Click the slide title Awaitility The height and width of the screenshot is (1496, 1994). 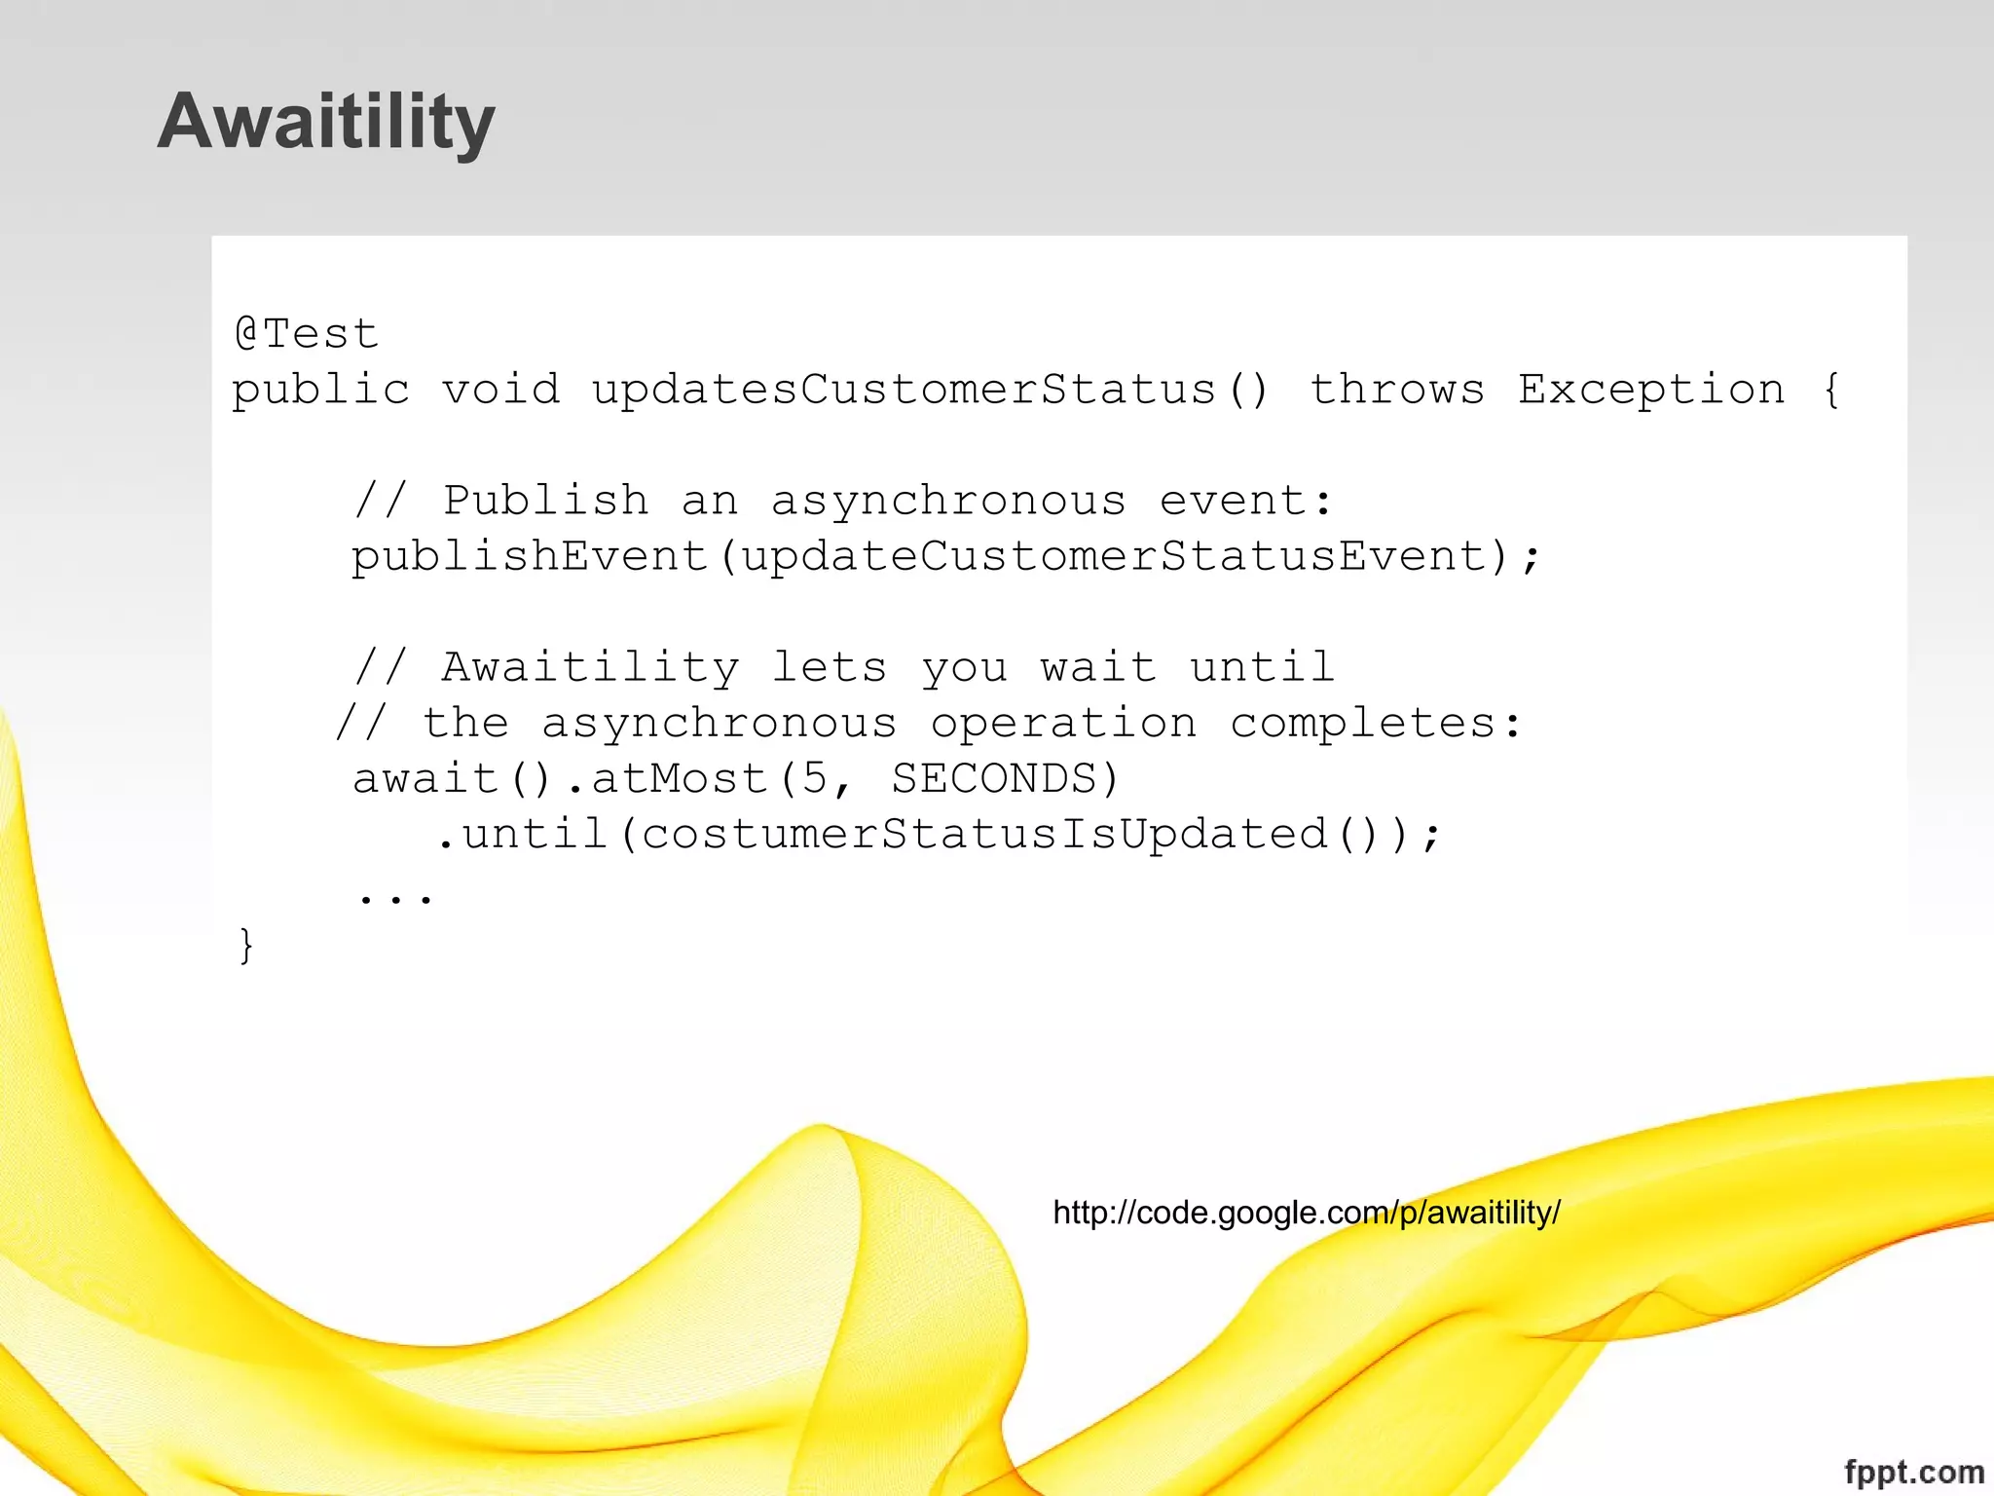coord(326,121)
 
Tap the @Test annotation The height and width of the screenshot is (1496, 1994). coord(306,334)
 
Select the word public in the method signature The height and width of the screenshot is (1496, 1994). coord(320,391)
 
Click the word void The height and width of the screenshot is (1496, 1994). coord(500,390)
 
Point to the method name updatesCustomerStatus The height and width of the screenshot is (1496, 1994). coord(904,390)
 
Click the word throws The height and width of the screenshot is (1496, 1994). coord(1396,390)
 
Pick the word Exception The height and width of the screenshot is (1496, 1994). coord(1651,390)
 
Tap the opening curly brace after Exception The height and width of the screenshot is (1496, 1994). coord(1831,390)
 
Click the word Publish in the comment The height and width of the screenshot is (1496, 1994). coord(545,501)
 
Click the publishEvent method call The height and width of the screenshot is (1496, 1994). coord(529,557)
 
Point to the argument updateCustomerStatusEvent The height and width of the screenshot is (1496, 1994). coord(1114,557)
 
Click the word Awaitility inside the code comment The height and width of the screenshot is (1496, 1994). coord(590,668)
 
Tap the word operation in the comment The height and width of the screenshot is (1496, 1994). coord(1063,724)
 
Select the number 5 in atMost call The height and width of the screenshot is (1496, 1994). coord(814,779)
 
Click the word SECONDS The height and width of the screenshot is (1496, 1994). coord(993,779)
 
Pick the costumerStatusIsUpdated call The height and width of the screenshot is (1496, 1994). coord(983,835)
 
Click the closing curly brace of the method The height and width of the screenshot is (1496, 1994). coord(245,946)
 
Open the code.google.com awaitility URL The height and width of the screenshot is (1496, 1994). coord(1307,1213)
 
